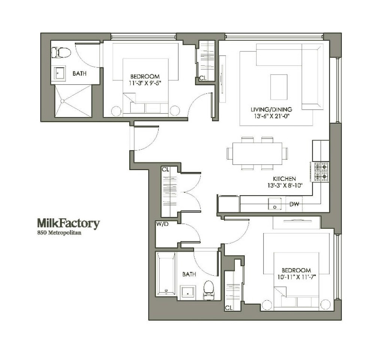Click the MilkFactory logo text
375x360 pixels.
[68, 224]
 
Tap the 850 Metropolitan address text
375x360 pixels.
[59, 233]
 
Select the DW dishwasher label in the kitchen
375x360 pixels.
[294, 204]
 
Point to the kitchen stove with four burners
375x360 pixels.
[321, 172]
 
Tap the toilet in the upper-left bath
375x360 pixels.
[61, 52]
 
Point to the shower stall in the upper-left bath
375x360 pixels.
[73, 100]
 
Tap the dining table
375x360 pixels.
[257, 153]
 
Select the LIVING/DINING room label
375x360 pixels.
[271, 109]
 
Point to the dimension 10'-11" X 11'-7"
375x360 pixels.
[296, 277]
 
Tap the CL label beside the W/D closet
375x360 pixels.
[165, 169]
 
